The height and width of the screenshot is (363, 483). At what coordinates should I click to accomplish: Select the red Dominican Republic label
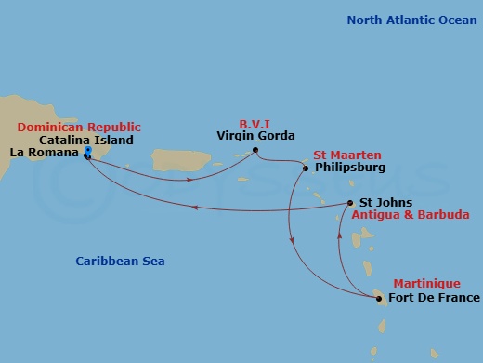pos(79,127)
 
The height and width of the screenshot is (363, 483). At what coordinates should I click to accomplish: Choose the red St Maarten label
pos(346,155)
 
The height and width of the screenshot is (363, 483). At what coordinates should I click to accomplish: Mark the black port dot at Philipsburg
pos(306,168)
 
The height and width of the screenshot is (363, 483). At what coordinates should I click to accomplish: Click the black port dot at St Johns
pos(349,203)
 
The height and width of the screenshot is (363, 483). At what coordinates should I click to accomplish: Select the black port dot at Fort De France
pos(379,299)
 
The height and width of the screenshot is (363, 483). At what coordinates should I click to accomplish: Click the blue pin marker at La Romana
pos(86,151)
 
